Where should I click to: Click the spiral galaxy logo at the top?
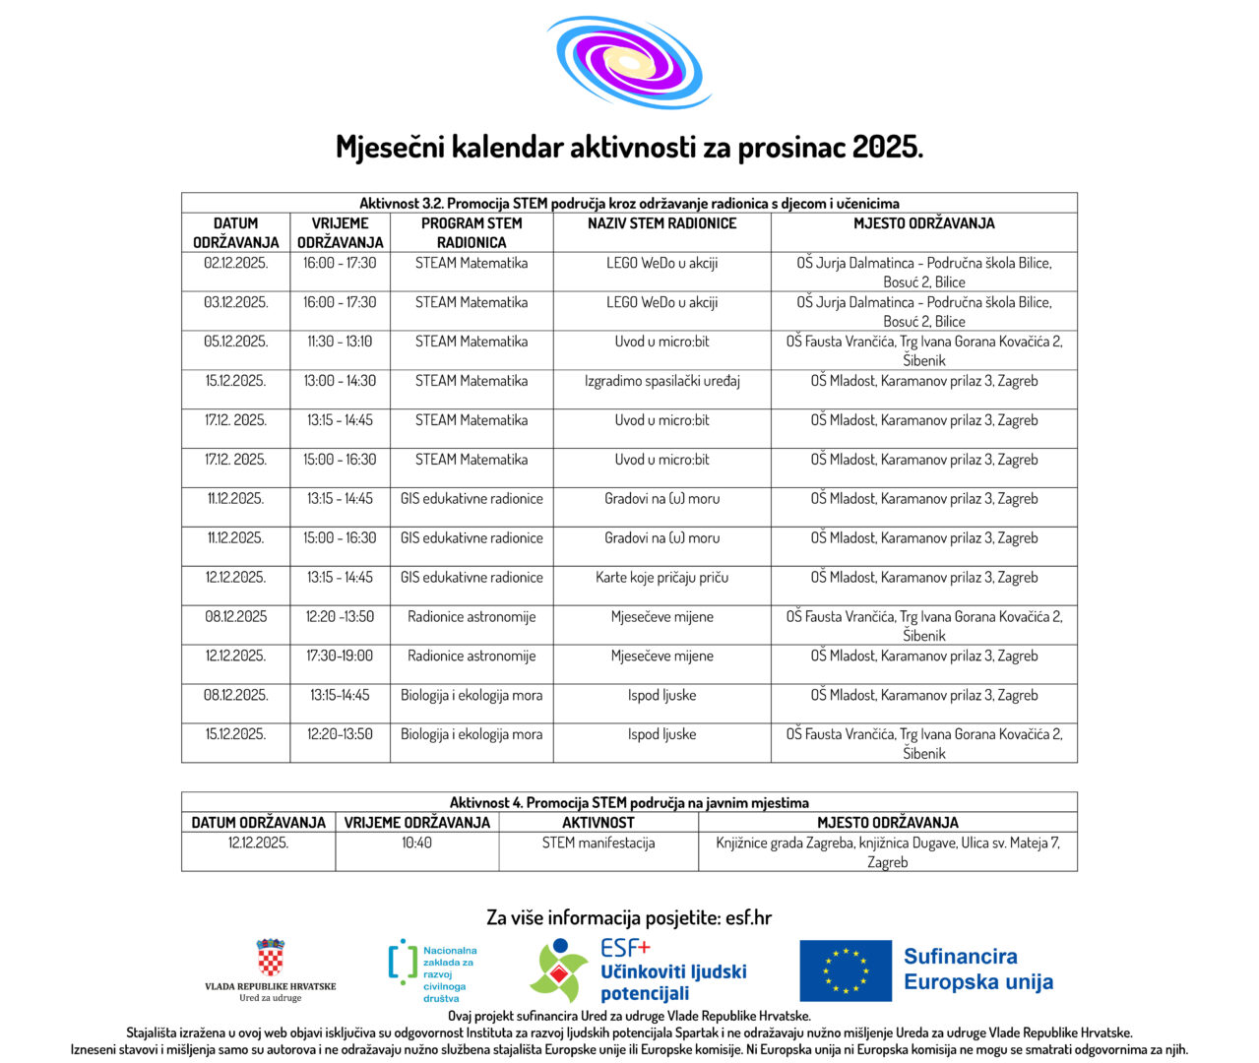pyautogui.click(x=628, y=61)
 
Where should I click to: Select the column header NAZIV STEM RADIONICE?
pyautogui.click(x=661, y=223)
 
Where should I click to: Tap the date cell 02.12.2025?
pyautogui.click(x=235, y=263)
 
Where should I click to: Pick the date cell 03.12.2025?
pyautogui.click(x=235, y=302)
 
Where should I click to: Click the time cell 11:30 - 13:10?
pyautogui.click(x=340, y=342)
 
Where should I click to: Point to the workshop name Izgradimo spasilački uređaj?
pyautogui.click(x=661, y=381)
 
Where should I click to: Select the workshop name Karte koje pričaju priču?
pyautogui.click(x=661, y=578)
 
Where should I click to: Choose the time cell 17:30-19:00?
pyautogui.click(x=340, y=657)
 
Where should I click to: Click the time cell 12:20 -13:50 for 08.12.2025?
pyautogui.click(x=340, y=617)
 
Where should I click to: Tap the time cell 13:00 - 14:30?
pyautogui.click(x=340, y=381)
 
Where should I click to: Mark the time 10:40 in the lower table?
pyautogui.click(x=416, y=844)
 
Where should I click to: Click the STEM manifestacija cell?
pyautogui.click(x=598, y=844)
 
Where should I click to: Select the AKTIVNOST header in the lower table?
pyautogui.click(x=598, y=823)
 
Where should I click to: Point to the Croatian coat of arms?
pyautogui.click(x=270, y=958)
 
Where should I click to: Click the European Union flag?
pyautogui.click(x=846, y=970)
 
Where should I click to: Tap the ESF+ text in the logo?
pyautogui.click(x=625, y=948)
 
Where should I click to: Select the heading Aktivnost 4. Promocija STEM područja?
pyautogui.click(x=629, y=802)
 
